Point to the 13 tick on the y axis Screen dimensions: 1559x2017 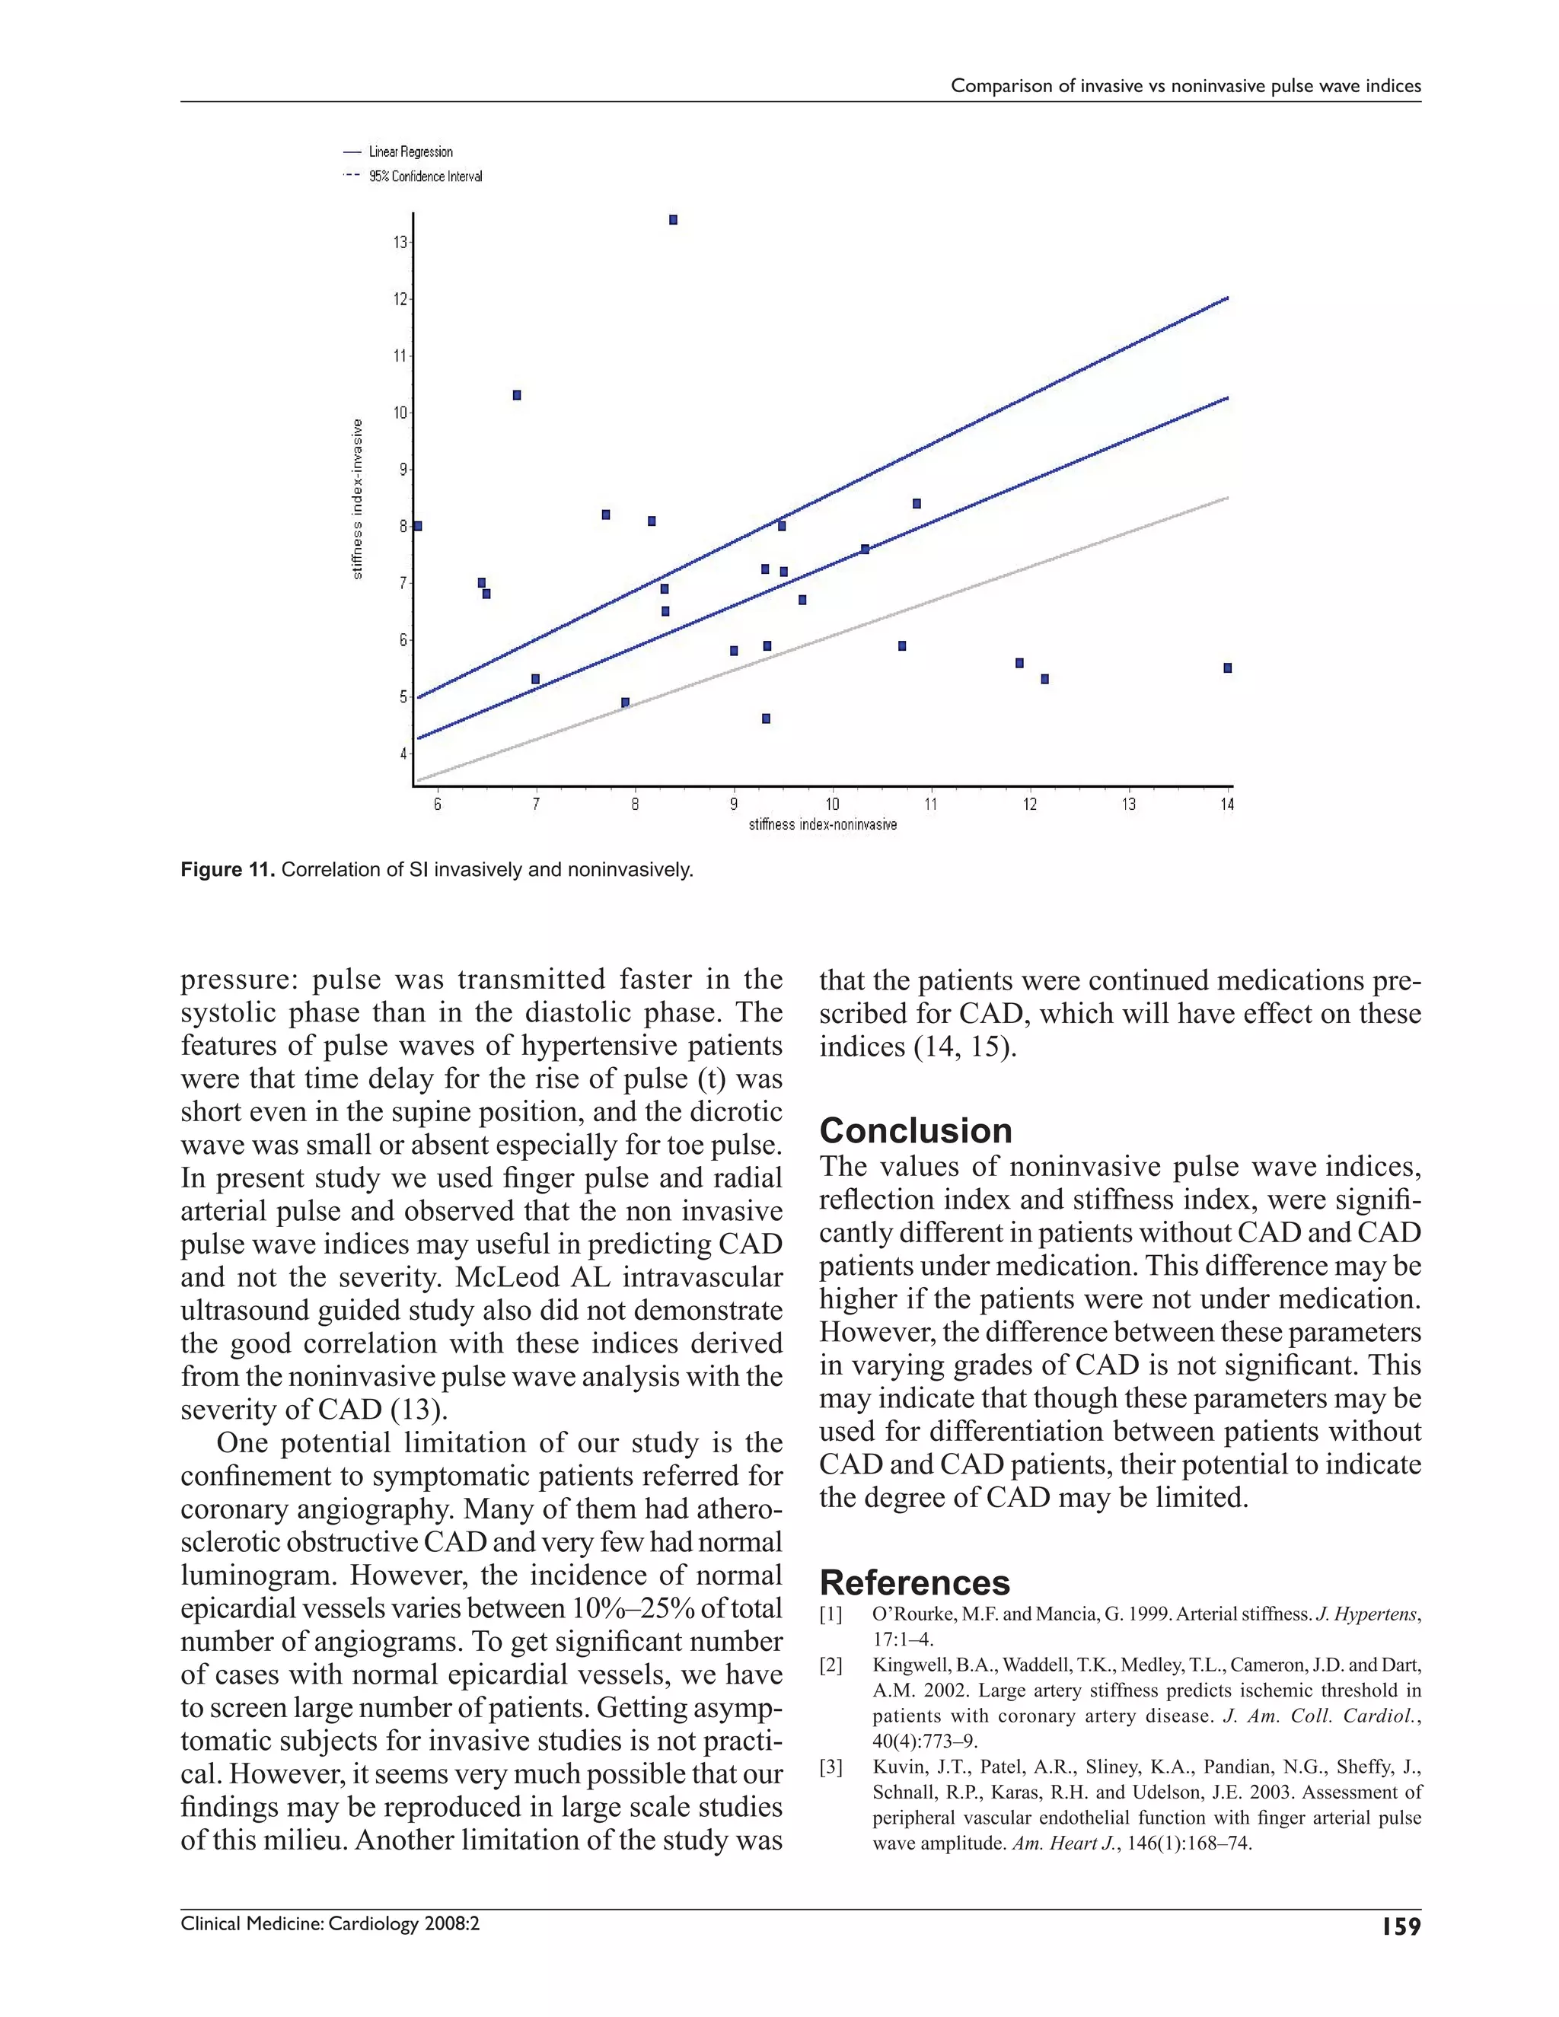pos(400,243)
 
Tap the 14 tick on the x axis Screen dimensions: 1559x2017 pos(1226,805)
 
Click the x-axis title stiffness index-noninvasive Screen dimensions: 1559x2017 pos(822,825)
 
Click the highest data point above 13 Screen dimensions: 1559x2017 pos(673,220)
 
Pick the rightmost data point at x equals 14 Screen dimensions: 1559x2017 pos(1227,668)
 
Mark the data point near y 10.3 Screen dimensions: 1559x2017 pos(517,395)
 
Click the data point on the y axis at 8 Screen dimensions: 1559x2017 pos(417,525)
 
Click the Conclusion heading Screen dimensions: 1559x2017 pos(915,1130)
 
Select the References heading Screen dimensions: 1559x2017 pos(914,1582)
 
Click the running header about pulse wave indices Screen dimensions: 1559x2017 pos(1185,86)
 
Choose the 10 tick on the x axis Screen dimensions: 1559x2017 pos(831,805)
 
